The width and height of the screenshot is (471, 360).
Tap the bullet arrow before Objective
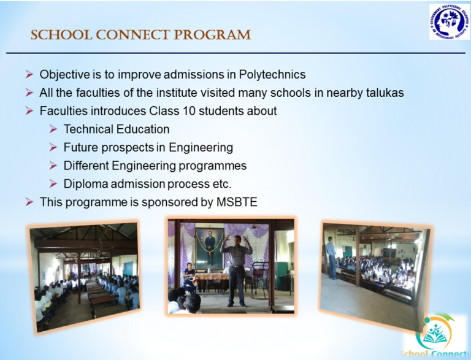[x=29, y=75]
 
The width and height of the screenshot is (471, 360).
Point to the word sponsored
[x=169, y=202]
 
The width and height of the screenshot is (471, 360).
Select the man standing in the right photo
[x=331, y=258]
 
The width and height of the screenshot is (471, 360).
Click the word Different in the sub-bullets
[x=87, y=166]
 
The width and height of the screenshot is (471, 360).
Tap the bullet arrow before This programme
[x=29, y=202]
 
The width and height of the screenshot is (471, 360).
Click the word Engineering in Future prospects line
[x=201, y=148]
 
